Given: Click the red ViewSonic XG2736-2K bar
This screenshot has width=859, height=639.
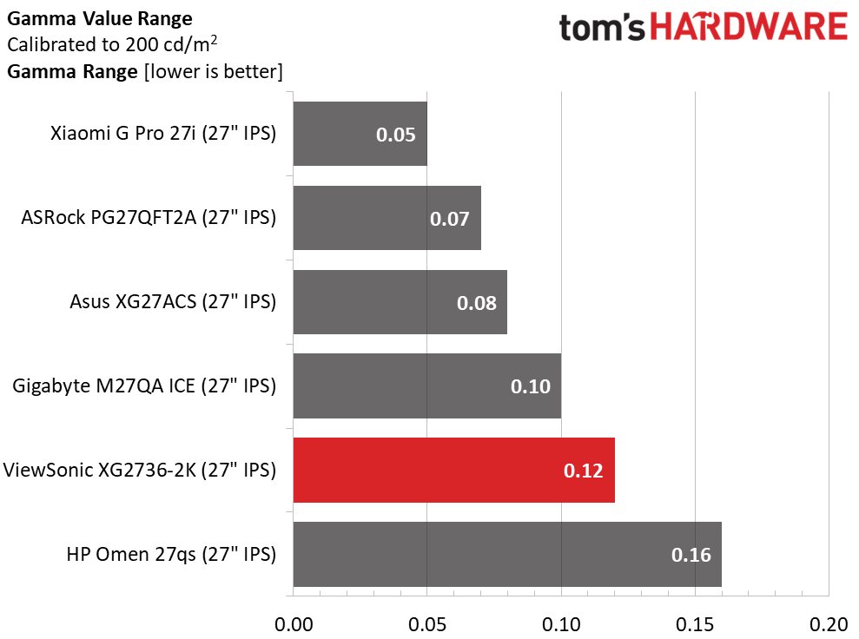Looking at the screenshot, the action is (x=453, y=470).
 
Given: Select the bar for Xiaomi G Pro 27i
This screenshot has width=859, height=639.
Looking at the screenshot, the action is (x=360, y=134).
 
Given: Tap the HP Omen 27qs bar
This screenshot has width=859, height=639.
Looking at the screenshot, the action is (x=507, y=554).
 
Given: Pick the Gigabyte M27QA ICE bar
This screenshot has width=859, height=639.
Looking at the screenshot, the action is (x=427, y=386).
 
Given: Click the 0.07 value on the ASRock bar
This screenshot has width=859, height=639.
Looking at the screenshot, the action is (x=450, y=219).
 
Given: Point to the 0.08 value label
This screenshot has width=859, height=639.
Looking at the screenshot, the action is (x=477, y=303).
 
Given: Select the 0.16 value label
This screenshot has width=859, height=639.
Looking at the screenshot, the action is (x=691, y=555).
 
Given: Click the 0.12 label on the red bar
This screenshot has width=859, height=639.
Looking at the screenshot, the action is (x=584, y=471).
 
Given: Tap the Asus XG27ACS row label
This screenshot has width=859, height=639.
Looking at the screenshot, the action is (x=173, y=302).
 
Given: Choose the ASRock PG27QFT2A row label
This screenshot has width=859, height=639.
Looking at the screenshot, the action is (x=149, y=217).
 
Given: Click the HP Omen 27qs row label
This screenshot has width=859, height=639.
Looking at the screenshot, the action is (x=171, y=554).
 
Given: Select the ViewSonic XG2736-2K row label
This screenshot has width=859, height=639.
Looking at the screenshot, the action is (x=139, y=470).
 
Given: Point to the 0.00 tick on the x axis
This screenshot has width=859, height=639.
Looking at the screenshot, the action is (x=294, y=624).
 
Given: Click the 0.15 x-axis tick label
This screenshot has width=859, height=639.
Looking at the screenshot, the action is (x=695, y=624).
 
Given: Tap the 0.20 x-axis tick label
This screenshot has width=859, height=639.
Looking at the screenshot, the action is (x=829, y=624).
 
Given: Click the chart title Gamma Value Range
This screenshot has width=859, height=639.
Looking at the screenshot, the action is (x=100, y=18).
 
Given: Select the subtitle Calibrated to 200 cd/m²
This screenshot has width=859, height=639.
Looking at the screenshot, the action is (x=112, y=43).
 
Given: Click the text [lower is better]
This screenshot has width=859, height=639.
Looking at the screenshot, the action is (x=213, y=71).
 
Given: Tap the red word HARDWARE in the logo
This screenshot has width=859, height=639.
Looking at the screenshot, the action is (x=749, y=27).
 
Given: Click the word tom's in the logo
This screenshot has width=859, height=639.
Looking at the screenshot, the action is (x=602, y=28).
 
